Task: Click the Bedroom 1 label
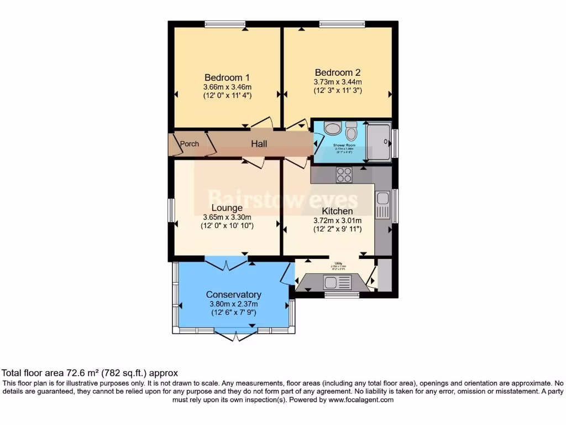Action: (227, 77)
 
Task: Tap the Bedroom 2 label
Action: (338, 72)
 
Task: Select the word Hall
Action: (259, 144)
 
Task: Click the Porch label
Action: (190, 144)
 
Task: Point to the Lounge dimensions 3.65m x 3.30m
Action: (227, 217)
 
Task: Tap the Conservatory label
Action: (234, 294)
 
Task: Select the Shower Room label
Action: (343, 146)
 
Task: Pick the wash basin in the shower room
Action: (333, 129)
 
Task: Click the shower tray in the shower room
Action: (379, 142)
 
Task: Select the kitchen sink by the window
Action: (382, 205)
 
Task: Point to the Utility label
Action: (338, 263)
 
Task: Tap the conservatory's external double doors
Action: (235, 335)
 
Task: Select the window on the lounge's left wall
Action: (171, 210)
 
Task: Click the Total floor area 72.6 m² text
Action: (90, 374)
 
